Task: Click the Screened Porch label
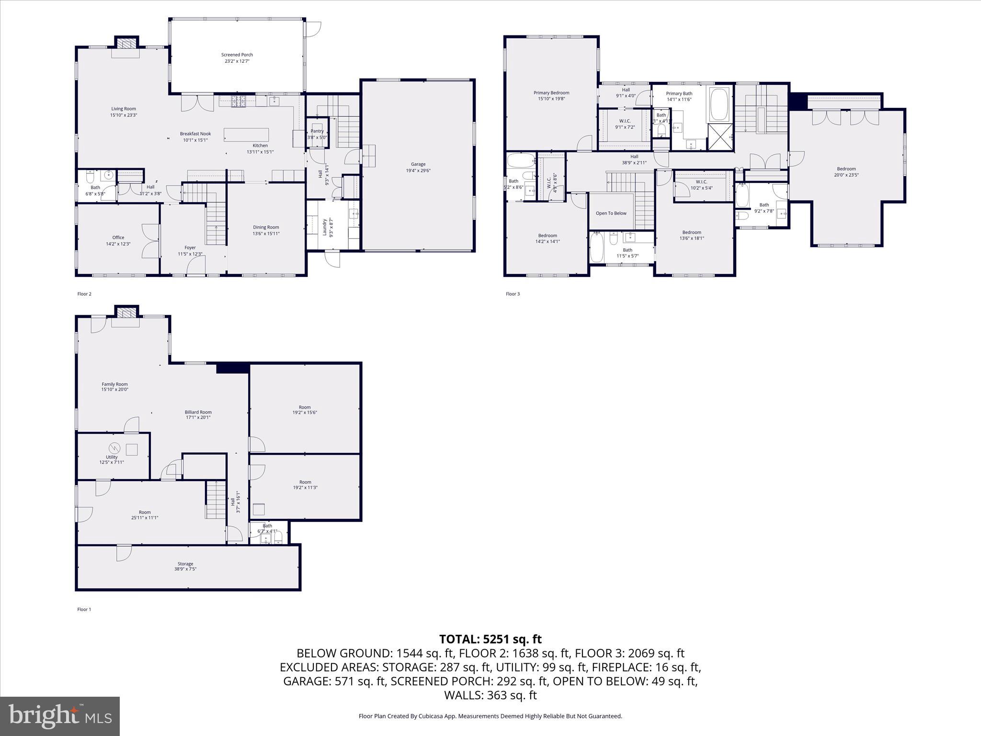tap(237, 55)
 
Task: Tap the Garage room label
tap(418, 164)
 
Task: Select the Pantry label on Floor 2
tap(317, 131)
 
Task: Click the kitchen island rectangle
tap(246, 135)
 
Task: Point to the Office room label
tap(118, 238)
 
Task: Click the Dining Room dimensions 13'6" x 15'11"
tap(266, 234)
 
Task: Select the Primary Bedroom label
tap(551, 93)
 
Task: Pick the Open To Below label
tap(611, 213)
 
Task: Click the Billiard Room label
tap(198, 412)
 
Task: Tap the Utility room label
tap(112, 457)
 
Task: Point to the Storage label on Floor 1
tap(185, 563)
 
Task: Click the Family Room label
tap(114, 384)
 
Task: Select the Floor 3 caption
tap(512, 294)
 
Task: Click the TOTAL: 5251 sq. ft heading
tap(490, 639)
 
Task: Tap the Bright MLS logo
tap(60, 716)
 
